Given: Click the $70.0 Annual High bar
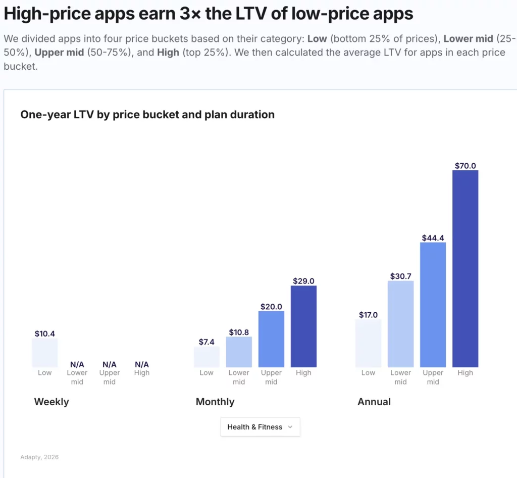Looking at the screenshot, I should [465, 268].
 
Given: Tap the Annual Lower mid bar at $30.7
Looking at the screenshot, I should [400, 324].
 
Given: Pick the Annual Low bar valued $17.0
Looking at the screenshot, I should [368, 343].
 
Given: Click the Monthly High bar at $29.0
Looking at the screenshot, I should [303, 326].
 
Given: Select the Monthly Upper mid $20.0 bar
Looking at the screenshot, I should [271, 339].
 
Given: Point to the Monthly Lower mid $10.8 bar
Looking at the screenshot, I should [239, 352].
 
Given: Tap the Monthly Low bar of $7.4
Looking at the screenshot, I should [206, 357].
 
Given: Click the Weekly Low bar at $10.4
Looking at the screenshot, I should [44, 353].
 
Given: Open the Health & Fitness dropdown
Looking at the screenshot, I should [260, 427].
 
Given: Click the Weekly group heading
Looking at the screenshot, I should [51, 402].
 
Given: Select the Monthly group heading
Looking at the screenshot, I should [215, 402].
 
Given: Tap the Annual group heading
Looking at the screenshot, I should [374, 402].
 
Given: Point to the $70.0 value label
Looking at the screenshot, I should [465, 165].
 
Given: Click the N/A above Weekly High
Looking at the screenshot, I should [142, 364].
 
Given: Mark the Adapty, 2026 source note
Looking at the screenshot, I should [39, 457].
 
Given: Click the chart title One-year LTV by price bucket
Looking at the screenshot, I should [147, 115].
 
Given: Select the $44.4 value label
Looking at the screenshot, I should [433, 237].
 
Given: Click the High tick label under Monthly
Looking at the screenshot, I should [303, 373].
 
